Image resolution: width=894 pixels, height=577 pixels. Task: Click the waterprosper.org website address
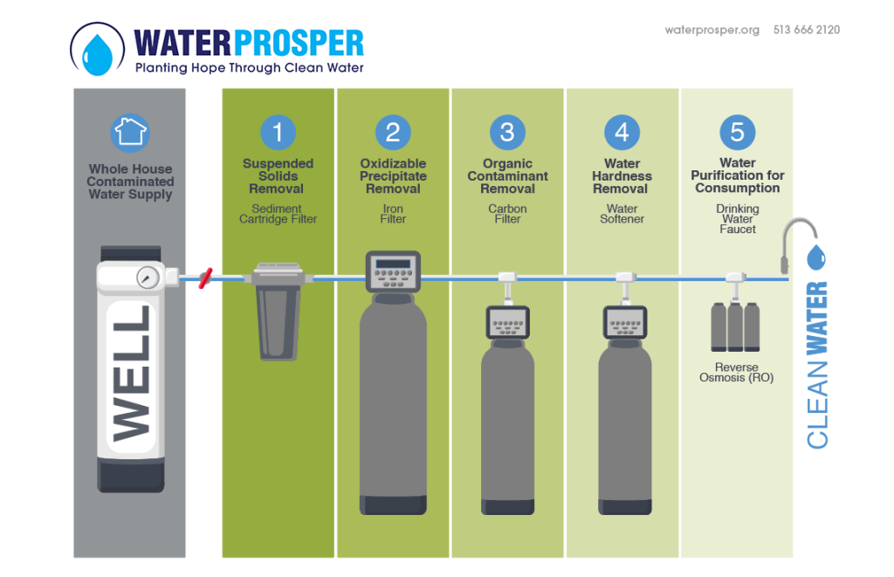712,30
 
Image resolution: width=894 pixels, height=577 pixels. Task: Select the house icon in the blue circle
130,132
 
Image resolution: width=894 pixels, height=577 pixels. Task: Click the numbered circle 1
278,132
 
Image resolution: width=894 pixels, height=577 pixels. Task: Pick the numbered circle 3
507,132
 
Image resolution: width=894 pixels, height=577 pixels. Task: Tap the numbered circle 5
737,132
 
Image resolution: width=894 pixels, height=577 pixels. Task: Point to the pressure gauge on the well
147,278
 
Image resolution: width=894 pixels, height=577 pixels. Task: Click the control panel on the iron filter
393,271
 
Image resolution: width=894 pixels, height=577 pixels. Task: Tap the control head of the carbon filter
507,323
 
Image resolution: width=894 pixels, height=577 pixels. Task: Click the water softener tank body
623,428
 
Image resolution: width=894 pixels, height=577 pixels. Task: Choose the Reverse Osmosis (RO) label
736,373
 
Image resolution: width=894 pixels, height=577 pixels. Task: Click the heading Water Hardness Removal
622,175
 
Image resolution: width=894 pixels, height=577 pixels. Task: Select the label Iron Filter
393,214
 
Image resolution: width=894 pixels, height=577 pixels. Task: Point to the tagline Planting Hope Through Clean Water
249,67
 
